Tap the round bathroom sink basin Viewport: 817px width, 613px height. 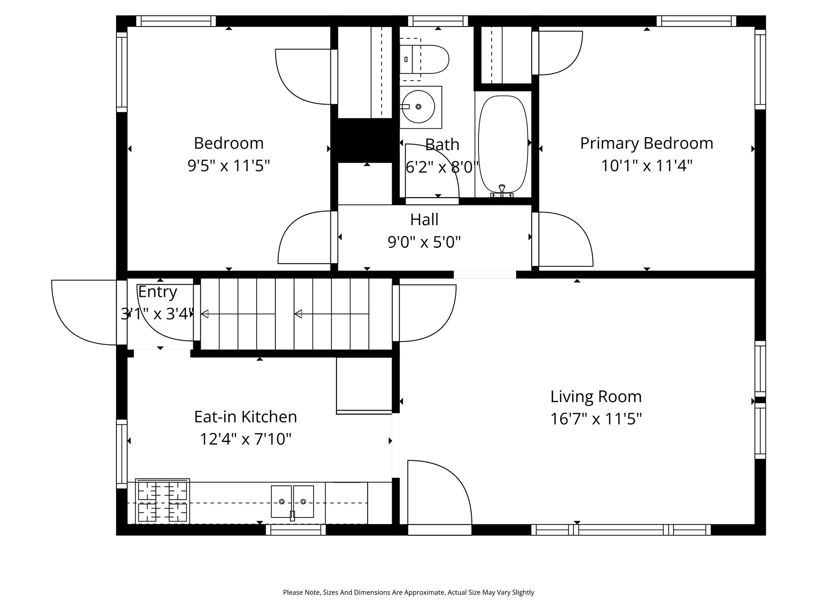[418, 107]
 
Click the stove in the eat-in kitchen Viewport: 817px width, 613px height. [162, 501]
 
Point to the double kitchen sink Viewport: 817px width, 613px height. [292, 502]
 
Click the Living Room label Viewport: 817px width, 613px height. [596, 396]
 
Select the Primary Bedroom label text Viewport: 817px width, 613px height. [646, 144]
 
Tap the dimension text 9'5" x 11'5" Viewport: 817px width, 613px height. [229, 165]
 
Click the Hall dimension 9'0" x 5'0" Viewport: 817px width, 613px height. [424, 242]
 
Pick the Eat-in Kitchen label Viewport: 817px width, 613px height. [245, 416]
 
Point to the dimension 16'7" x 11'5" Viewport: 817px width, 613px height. [596, 419]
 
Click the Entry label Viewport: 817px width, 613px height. [157, 292]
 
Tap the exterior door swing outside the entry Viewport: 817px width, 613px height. [84, 312]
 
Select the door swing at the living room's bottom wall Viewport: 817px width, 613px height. [440, 492]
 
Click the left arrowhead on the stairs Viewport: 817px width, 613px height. [205, 314]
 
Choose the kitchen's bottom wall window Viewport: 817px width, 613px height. [296, 529]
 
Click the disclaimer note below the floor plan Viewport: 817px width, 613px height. [408, 592]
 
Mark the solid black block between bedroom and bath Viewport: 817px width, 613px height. [365, 140]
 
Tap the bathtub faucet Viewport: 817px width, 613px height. [502, 191]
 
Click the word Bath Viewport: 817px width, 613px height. [442, 145]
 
